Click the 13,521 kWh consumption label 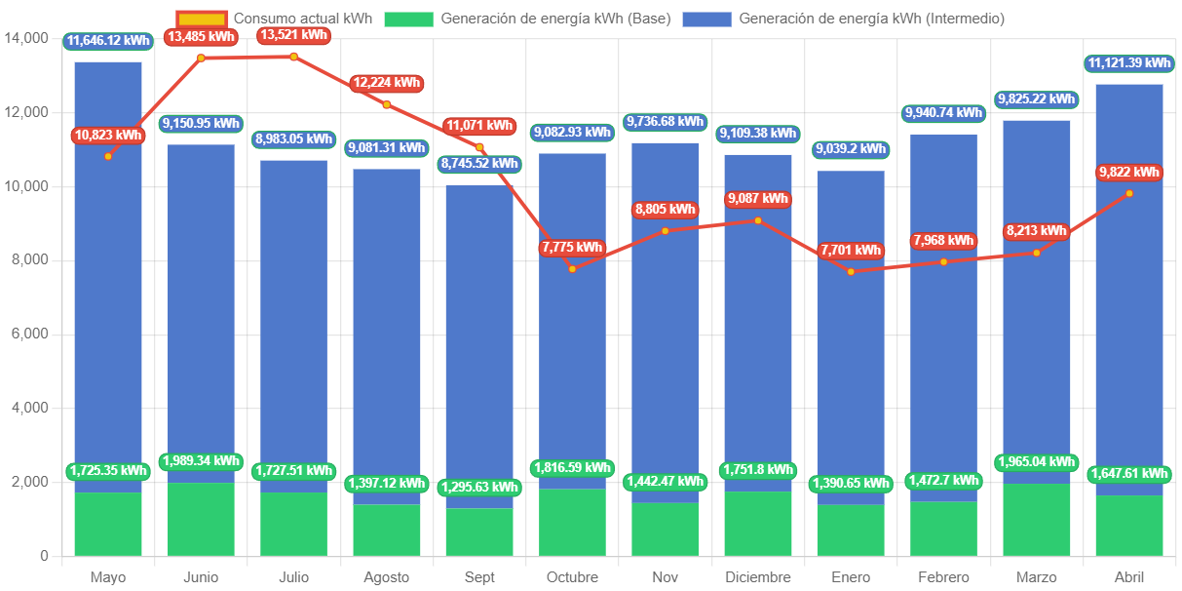pyautogui.click(x=293, y=35)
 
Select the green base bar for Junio pyautogui.click(x=201, y=519)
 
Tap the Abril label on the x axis pyautogui.click(x=1129, y=577)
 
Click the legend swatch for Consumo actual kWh pyautogui.click(x=202, y=19)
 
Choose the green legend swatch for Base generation pyautogui.click(x=407, y=19)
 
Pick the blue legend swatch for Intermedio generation pyautogui.click(x=706, y=19)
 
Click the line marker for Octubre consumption pyautogui.click(x=572, y=268)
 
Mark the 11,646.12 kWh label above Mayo pyautogui.click(x=108, y=41)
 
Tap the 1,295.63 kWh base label pyautogui.click(x=478, y=487)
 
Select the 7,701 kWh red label pyautogui.click(x=851, y=250)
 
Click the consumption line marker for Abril pyautogui.click(x=1129, y=193)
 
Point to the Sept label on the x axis pyautogui.click(x=479, y=577)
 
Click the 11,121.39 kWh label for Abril pyautogui.click(x=1129, y=63)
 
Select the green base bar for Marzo pyautogui.click(x=1037, y=520)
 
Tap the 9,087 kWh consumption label pyautogui.click(x=757, y=199)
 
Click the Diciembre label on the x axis pyautogui.click(x=758, y=577)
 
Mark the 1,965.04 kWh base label pyautogui.click(x=1037, y=461)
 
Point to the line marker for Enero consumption pyautogui.click(x=851, y=271)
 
